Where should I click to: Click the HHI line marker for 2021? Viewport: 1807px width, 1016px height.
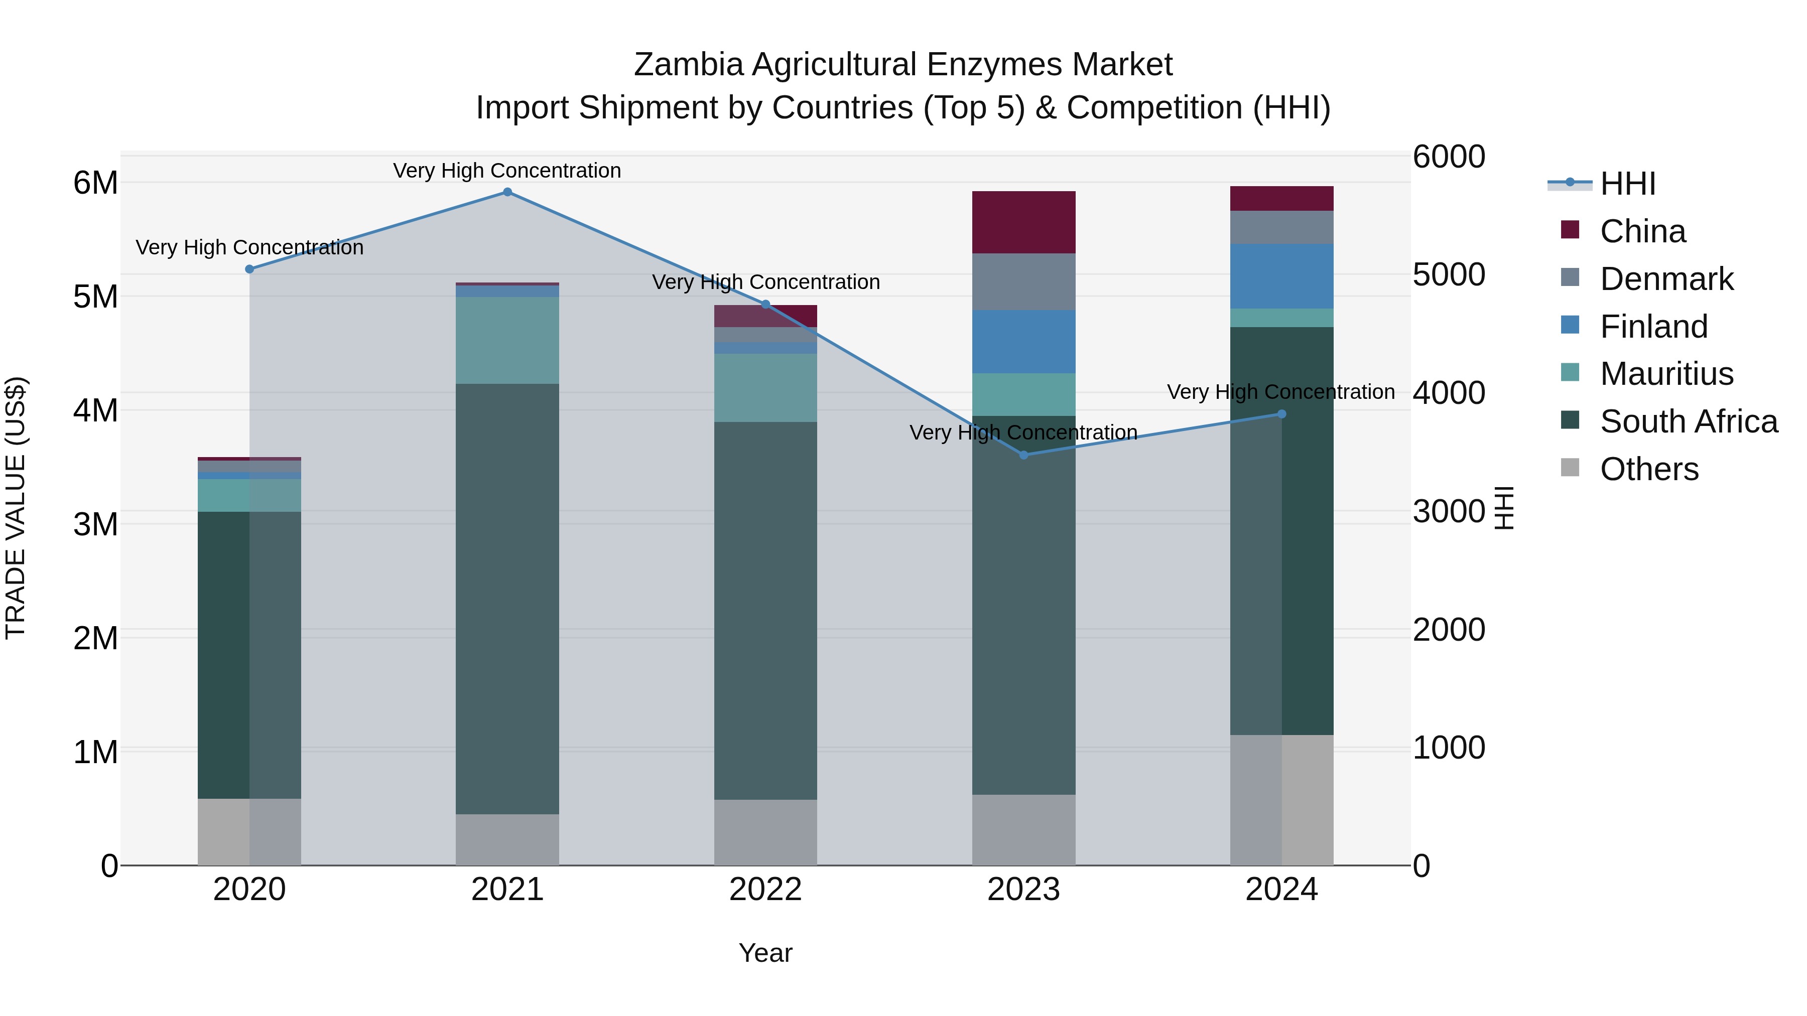[507, 192]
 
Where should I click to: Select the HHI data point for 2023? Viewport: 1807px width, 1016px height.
[1023, 455]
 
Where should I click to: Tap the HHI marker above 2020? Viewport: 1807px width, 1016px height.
[250, 269]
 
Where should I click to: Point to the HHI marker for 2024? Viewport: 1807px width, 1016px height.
[1281, 414]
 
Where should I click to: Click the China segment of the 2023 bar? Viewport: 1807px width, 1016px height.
[1023, 222]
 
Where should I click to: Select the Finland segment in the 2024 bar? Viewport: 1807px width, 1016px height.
[1281, 276]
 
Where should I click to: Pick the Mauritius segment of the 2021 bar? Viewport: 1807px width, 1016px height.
[507, 340]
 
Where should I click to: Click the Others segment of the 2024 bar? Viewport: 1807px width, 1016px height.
[1281, 800]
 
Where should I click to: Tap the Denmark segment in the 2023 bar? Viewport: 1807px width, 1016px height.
[1023, 282]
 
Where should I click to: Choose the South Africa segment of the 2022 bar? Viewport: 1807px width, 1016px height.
[765, 610]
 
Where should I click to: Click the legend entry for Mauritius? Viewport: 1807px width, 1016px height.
[1666, 374]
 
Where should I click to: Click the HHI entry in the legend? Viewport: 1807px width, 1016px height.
[1627, 184]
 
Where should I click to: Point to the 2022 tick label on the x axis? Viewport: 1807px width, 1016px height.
[765, 890]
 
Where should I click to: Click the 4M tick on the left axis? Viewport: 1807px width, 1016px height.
[95, 410]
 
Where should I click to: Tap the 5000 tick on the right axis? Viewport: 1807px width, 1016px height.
[1449, 275]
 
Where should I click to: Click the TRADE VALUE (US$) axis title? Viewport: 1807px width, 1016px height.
[16, 508]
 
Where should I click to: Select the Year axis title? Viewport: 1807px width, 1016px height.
[765, 953]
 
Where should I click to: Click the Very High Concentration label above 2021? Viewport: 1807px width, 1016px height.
[507, 171]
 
